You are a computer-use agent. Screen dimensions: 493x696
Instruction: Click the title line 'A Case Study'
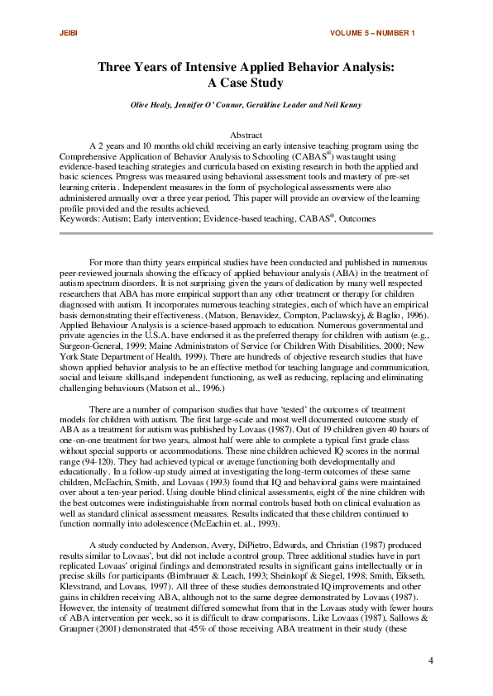tap(246, 83)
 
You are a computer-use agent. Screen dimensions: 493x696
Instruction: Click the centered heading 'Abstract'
tap(246, 135)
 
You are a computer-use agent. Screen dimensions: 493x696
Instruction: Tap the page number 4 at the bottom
tap(432, 660)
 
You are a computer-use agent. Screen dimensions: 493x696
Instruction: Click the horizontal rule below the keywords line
tap(246, 235)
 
